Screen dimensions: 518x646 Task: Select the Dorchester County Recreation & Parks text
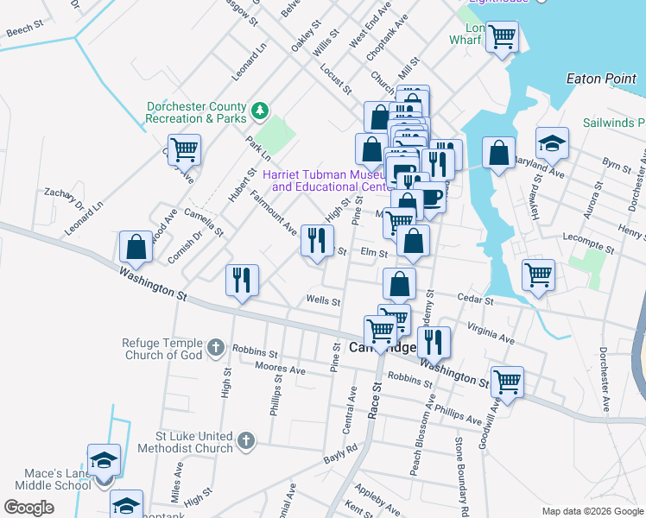(x=196, y=112)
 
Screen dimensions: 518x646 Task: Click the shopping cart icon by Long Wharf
(x=502, y=37)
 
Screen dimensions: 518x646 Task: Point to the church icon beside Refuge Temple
(x=215, y=348)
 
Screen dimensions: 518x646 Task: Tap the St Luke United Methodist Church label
(x=182, y=442)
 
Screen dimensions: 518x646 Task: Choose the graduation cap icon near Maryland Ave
(x=553, y=142)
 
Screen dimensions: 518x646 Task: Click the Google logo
(x=28, y=508)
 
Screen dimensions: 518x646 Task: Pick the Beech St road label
(x=24, y=30)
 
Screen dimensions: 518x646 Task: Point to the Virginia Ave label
(x=491, y=334)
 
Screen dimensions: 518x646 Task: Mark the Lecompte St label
(x=587, y=250)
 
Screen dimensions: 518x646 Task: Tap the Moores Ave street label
(x=281, y=370)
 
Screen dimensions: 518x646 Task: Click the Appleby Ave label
(x=376, y=496)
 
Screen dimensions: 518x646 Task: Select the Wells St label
(x=324, y=301)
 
